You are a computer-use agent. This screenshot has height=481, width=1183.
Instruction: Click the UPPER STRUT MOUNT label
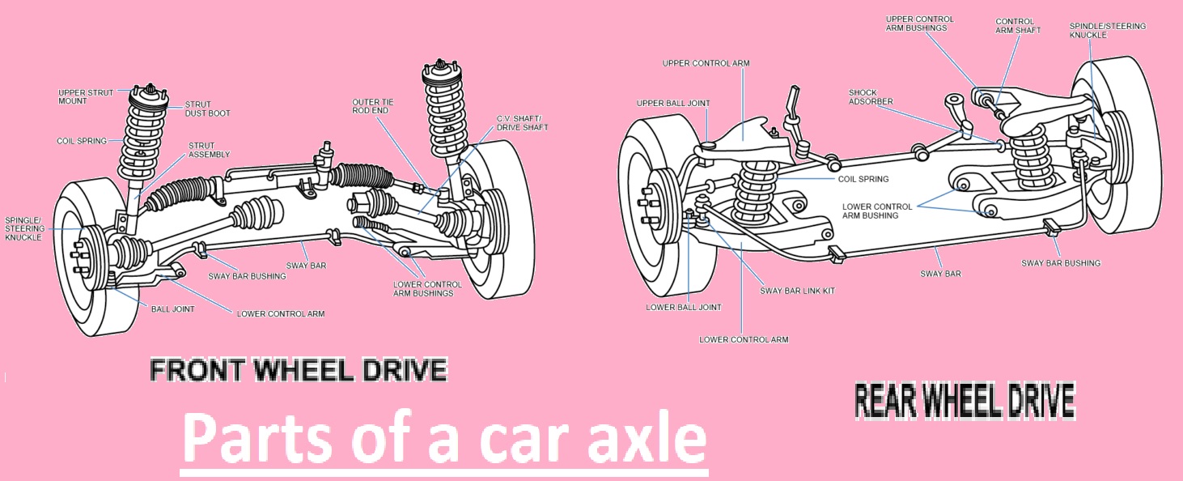tap(86, 96)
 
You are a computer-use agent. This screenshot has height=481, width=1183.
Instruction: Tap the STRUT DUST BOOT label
tap(207, 109)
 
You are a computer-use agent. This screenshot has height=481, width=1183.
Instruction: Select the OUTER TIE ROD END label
tap(373, 106)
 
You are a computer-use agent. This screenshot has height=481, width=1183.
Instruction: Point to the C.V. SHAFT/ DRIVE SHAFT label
tap(522, 123)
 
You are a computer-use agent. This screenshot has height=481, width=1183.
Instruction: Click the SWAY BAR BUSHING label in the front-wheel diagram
tap(247, 276)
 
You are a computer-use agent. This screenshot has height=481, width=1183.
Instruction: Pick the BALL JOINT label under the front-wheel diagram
tap(172, 309)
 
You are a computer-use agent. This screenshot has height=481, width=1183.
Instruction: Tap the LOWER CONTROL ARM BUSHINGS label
tap(427, 288)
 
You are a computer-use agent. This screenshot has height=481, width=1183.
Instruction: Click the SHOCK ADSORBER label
tap(871, 96)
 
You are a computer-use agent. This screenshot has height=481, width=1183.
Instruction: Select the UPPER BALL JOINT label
tap(673, 103)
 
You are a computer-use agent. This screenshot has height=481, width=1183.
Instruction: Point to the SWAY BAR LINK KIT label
tap(797, 291)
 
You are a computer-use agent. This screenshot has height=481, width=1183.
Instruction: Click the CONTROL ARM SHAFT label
tap(1018, 26)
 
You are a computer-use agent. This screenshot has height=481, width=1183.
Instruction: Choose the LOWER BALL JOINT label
tap(684, 307)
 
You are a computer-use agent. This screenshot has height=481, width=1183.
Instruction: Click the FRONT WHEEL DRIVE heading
tap(299, 370)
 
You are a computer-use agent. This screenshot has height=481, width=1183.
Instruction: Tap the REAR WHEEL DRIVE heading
tap(965, 401)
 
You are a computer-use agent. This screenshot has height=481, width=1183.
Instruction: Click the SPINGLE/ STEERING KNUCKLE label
tap(25, 229)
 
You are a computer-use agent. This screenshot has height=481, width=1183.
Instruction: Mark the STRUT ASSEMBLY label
tap(209, 150)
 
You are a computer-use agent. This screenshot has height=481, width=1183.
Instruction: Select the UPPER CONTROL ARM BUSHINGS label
tap(919, 23)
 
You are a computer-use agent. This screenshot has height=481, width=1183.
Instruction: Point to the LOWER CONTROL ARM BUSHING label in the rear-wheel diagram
tap(876, 211)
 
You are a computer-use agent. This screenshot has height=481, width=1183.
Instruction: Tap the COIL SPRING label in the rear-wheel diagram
tap(863, 179)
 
